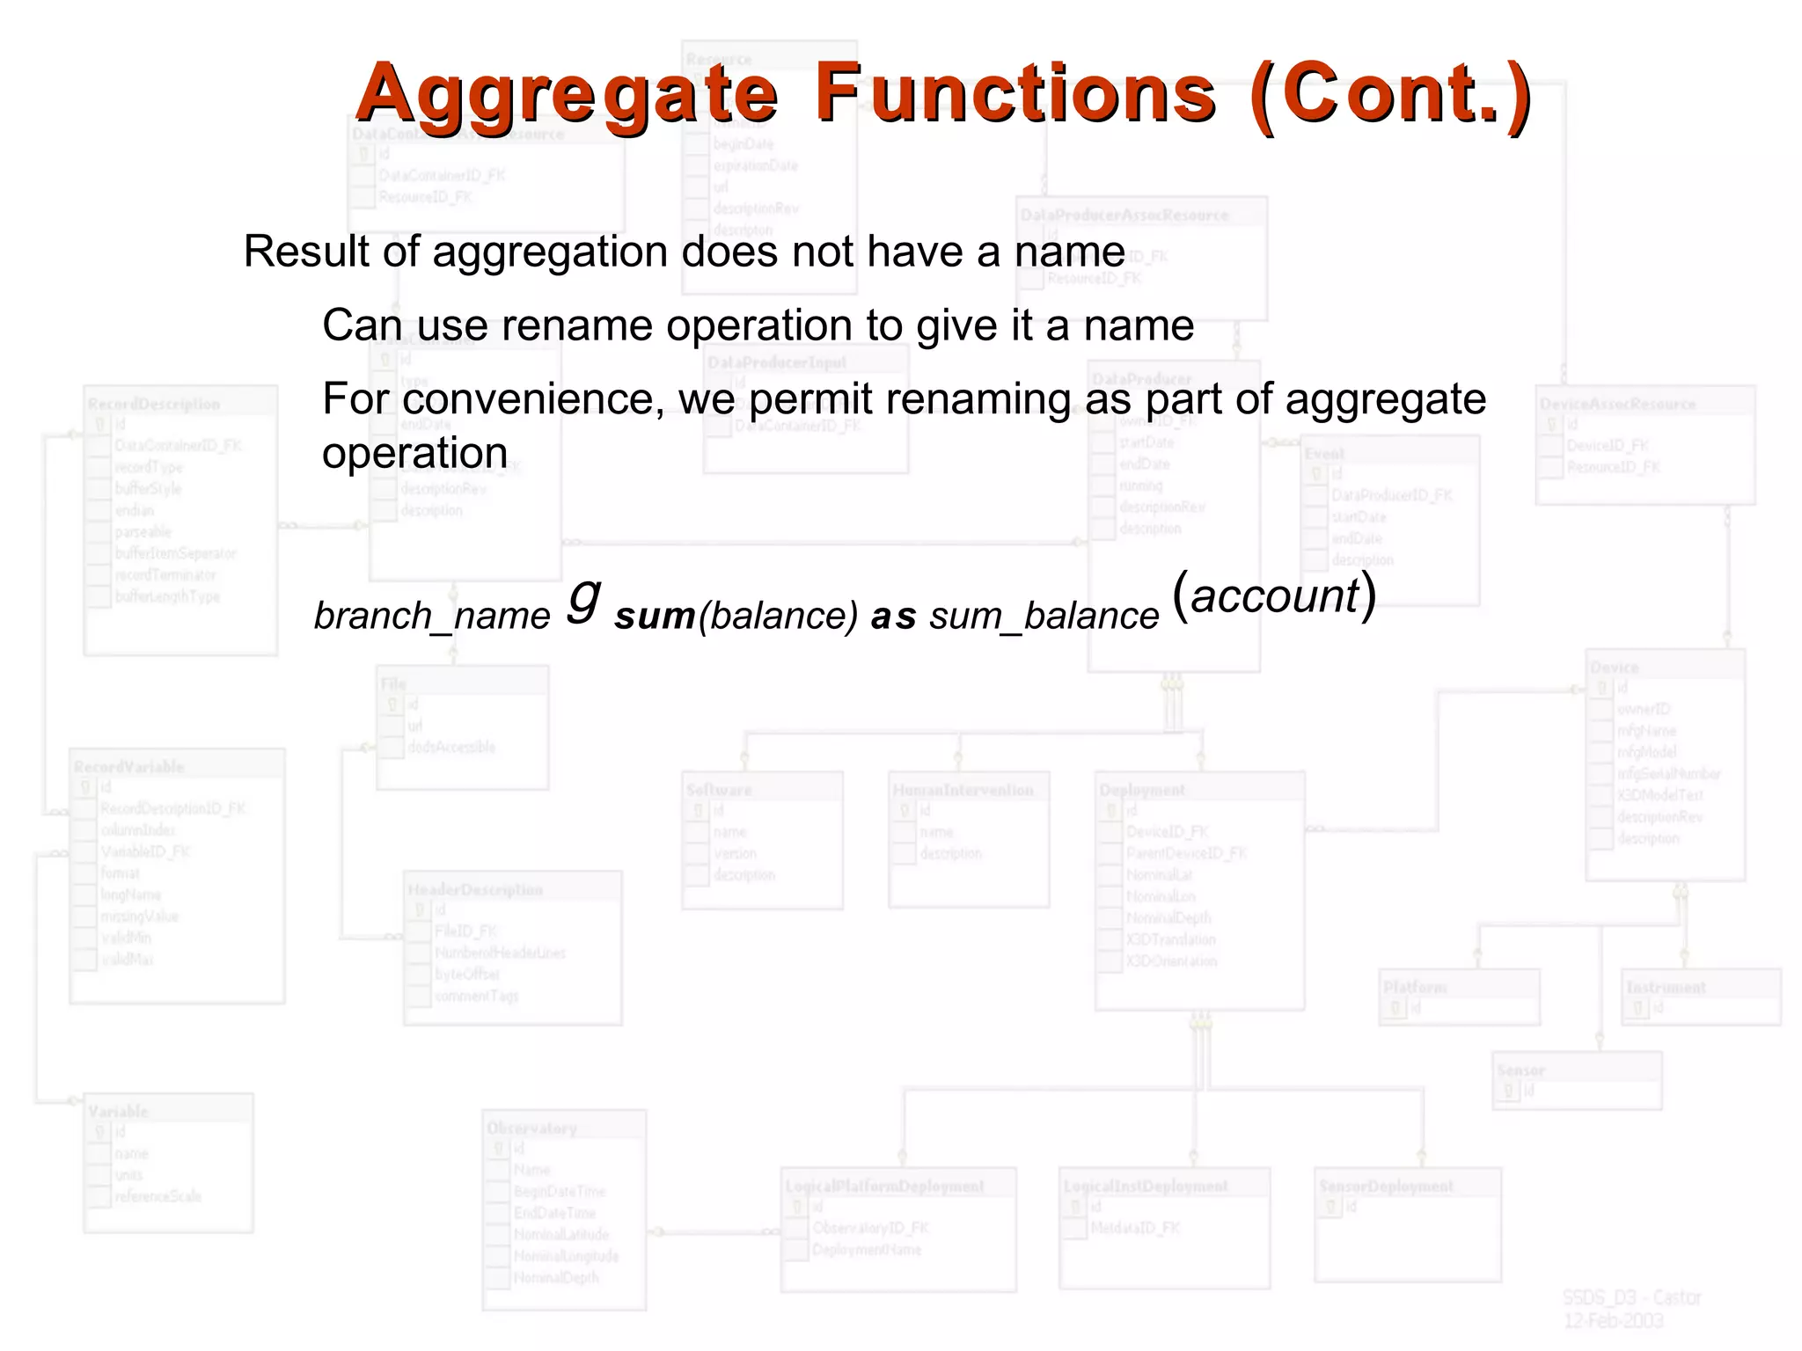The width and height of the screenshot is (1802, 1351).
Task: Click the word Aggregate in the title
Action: [x=567, y=95]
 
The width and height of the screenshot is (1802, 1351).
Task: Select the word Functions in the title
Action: [x=1015, y=93]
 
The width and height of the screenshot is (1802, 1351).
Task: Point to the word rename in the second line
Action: [x=577, y=325]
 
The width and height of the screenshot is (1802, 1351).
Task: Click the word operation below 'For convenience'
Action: [x=414, y=454]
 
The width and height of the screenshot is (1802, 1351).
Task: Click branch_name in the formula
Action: [x=432, y=616]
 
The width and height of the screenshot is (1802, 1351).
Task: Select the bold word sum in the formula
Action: [x=655, y=617]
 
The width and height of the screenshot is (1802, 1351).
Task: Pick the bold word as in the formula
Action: [x=893, y=617]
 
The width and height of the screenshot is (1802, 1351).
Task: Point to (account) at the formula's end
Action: [x=1274, y=595]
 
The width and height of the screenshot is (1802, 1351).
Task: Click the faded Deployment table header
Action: [x=1142, y=790]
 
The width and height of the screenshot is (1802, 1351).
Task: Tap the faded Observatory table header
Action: [x=531, y=1128]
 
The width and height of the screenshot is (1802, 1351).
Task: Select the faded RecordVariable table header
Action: [x=129, y=767]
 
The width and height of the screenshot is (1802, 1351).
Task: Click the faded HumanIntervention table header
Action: [x=963, y=790]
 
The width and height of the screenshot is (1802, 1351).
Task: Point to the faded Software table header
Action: [x=719, y=790]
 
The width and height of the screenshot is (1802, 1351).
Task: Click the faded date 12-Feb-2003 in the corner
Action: [x=1613, y=1321]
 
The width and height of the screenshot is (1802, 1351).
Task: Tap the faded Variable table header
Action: [x=118, y=1112]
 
